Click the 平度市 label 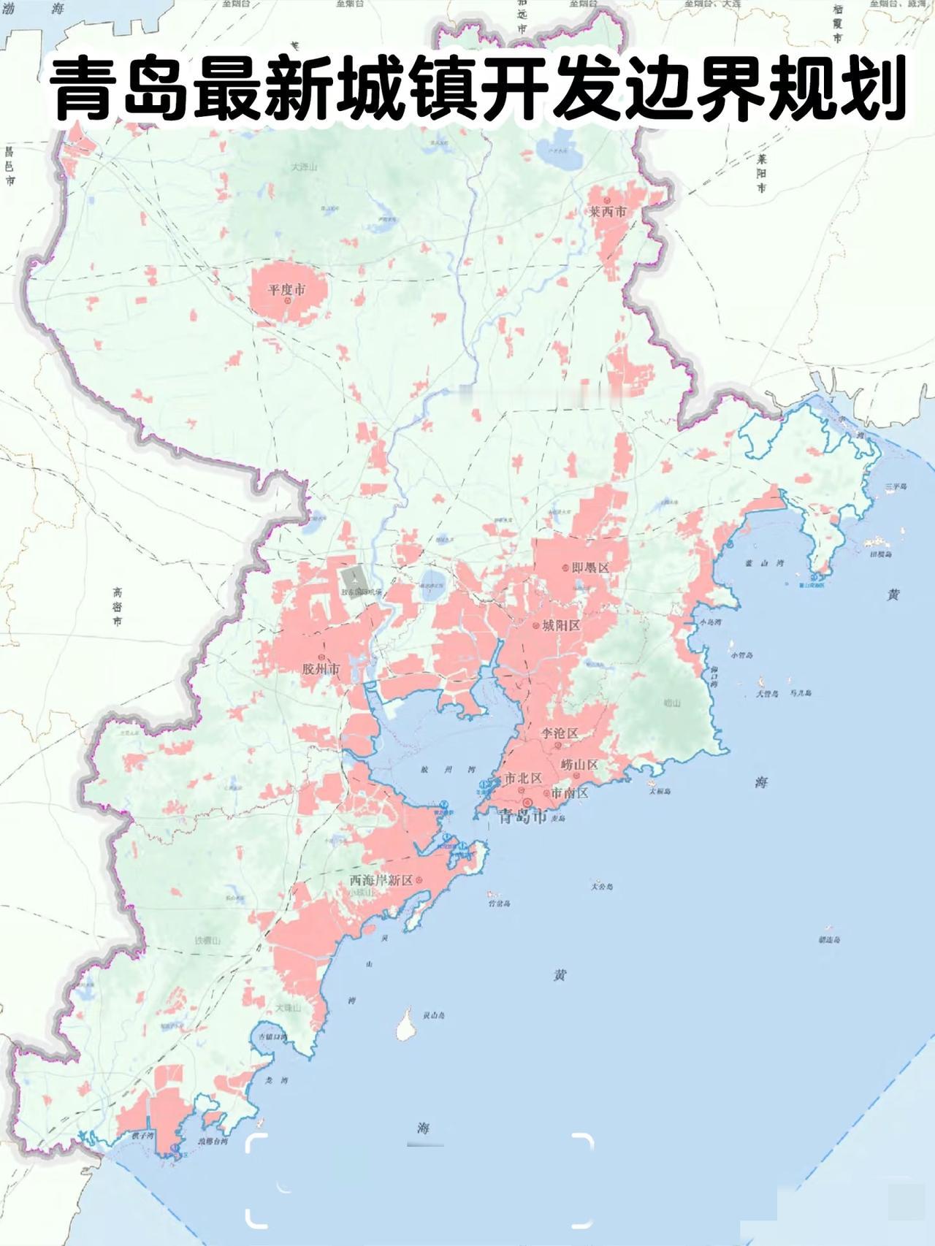coord(286,289)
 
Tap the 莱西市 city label coord(608,212)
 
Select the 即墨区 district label coord(590,567)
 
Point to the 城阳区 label coord(561,626)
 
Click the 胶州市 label coord(321,669)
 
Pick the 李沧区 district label coord(560,733)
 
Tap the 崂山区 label coord(579,765)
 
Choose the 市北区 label coord(523,779)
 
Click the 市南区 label coord(569,792)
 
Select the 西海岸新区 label coord(381,880)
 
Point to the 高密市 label coord(118,606)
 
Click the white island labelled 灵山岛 coord(404,1023)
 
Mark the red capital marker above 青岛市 coord(527,802)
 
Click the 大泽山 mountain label coord(305,167)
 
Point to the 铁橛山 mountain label coord(207,941)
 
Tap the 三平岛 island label coord(895,486)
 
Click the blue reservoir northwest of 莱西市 coord(558,148)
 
